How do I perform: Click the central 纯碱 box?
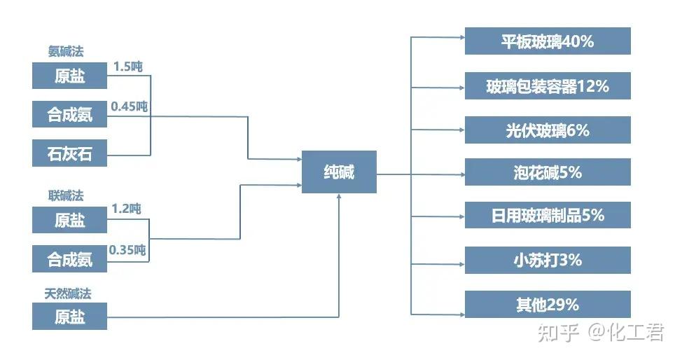(x=339, y=172)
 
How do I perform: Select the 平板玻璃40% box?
(x=548, y=41)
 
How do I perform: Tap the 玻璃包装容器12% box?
(x=548, y=86)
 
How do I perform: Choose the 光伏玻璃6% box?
(x=548, y=130)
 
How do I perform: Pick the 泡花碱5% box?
(x=548, y=172)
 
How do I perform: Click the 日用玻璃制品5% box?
(x=548, y=215)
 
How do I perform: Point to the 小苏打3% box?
(x=548, y=260)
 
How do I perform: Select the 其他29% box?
(x=548, y=304)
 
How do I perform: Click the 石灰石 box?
(x=69, y=153)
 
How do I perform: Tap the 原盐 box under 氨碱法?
(x=69, y=76)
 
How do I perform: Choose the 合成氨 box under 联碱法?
(x=69, y=260)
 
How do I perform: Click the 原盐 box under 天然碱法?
(x=69, y=317)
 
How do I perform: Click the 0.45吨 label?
(x=130, y=106)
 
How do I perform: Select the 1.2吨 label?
(x=126, y=208)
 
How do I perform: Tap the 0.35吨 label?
(x=127, y=249)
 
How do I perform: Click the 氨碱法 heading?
(x=67, y=51)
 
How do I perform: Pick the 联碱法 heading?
(x=67, y=195)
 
